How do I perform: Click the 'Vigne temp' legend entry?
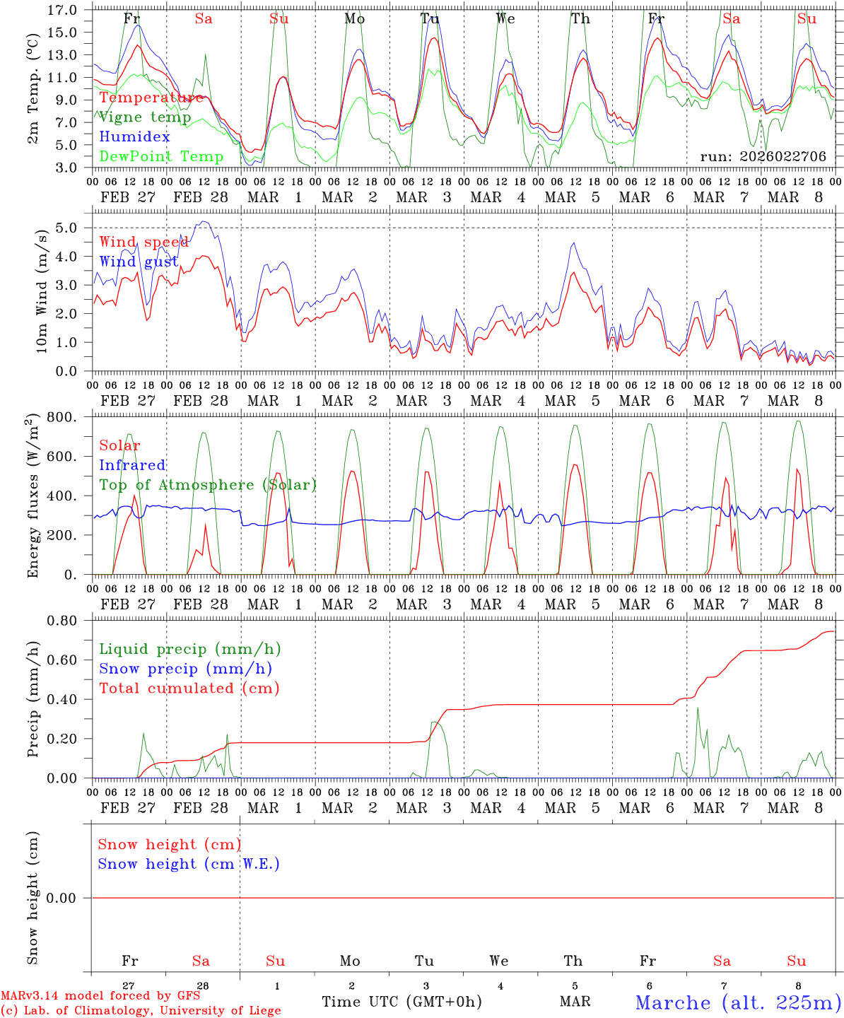coord(145,117)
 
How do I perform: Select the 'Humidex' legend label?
coord(134,137)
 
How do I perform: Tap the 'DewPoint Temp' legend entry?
coord(161,157)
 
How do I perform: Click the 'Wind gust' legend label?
coord(139,262)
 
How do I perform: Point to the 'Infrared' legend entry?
coord(132,465)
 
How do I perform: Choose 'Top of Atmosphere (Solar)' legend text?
coord(208,485)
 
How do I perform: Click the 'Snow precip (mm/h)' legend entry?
coord(185,669)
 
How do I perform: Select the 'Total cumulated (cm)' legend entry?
coord(189,689)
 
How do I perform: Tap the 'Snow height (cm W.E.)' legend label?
coord(189,864)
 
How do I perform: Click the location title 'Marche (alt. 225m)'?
coord(738,1002)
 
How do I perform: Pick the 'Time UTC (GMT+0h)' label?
coord(402,1002)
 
